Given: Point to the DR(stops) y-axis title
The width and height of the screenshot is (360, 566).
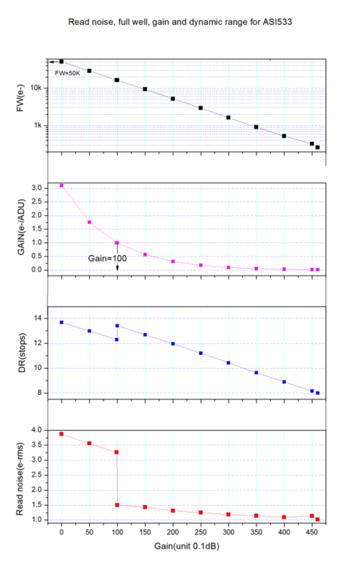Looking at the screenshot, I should pos(22,355).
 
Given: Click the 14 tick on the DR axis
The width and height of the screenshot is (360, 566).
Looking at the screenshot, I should pos(38,318).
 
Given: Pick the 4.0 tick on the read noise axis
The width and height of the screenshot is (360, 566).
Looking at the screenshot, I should pos(35,429).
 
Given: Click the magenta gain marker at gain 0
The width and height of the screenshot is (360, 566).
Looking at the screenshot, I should pos(62,185).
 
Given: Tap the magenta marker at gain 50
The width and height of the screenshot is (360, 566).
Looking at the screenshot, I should pos(89,222).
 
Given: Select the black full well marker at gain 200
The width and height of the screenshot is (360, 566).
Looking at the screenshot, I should pos(173,99).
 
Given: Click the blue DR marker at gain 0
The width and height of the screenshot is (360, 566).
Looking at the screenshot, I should pos(62,322).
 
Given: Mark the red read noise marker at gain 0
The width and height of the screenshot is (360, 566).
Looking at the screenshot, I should pos(62,434).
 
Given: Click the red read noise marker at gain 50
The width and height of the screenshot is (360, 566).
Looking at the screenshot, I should pos(89,443).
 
